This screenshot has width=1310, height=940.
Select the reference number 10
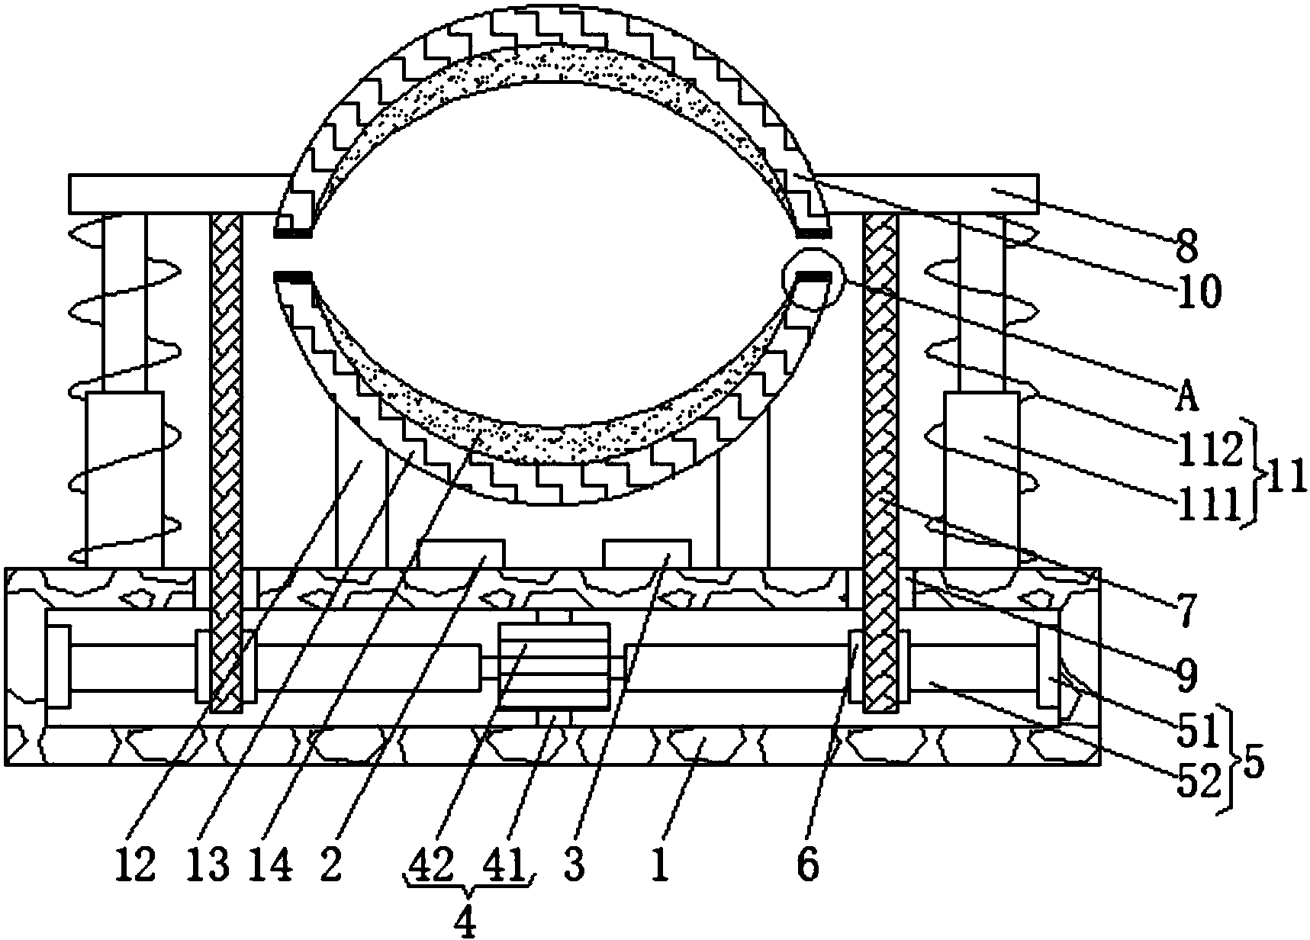1198,292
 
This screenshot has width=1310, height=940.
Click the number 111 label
1208,506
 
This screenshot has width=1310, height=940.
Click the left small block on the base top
461,554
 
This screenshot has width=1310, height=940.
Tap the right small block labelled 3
647,554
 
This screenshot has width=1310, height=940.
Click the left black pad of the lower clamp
293,275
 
